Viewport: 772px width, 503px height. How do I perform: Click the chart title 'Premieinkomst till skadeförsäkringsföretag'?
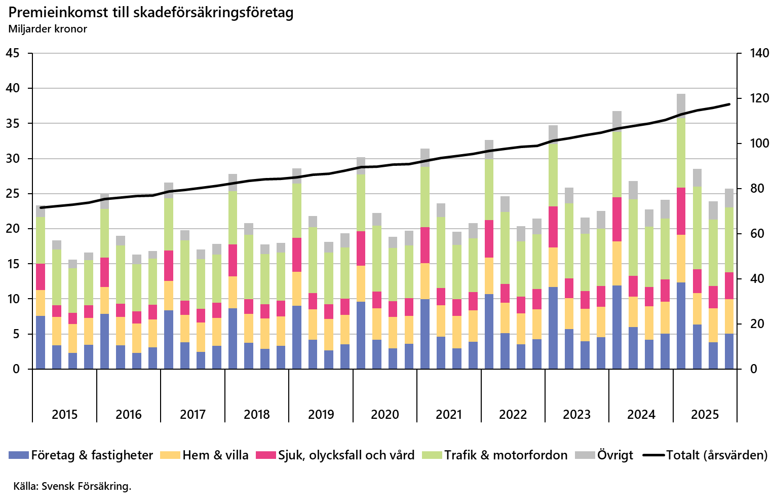(151, 12)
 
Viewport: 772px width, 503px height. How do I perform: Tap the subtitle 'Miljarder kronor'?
(48, 29)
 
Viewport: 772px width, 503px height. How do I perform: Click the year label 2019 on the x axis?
(321, 414)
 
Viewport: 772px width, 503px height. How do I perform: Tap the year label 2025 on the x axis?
(705, 414)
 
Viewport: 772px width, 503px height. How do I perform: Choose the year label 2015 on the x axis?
(64, 414)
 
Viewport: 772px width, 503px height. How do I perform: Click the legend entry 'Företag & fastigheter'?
(92, 455)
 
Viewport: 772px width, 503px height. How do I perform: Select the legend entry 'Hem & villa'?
(215, 455)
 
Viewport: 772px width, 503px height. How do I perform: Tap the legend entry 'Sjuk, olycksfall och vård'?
(346, 455)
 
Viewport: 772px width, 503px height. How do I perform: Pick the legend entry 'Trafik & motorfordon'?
(506, 455)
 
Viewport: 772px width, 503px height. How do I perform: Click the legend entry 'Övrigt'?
(615, 455)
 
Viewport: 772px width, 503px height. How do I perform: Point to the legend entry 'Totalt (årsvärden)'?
(716, 455)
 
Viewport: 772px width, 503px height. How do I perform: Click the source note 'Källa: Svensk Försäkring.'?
(72, 486)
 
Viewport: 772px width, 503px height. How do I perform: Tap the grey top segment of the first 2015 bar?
(41, 211)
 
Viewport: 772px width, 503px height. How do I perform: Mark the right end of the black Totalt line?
(729, 104)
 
